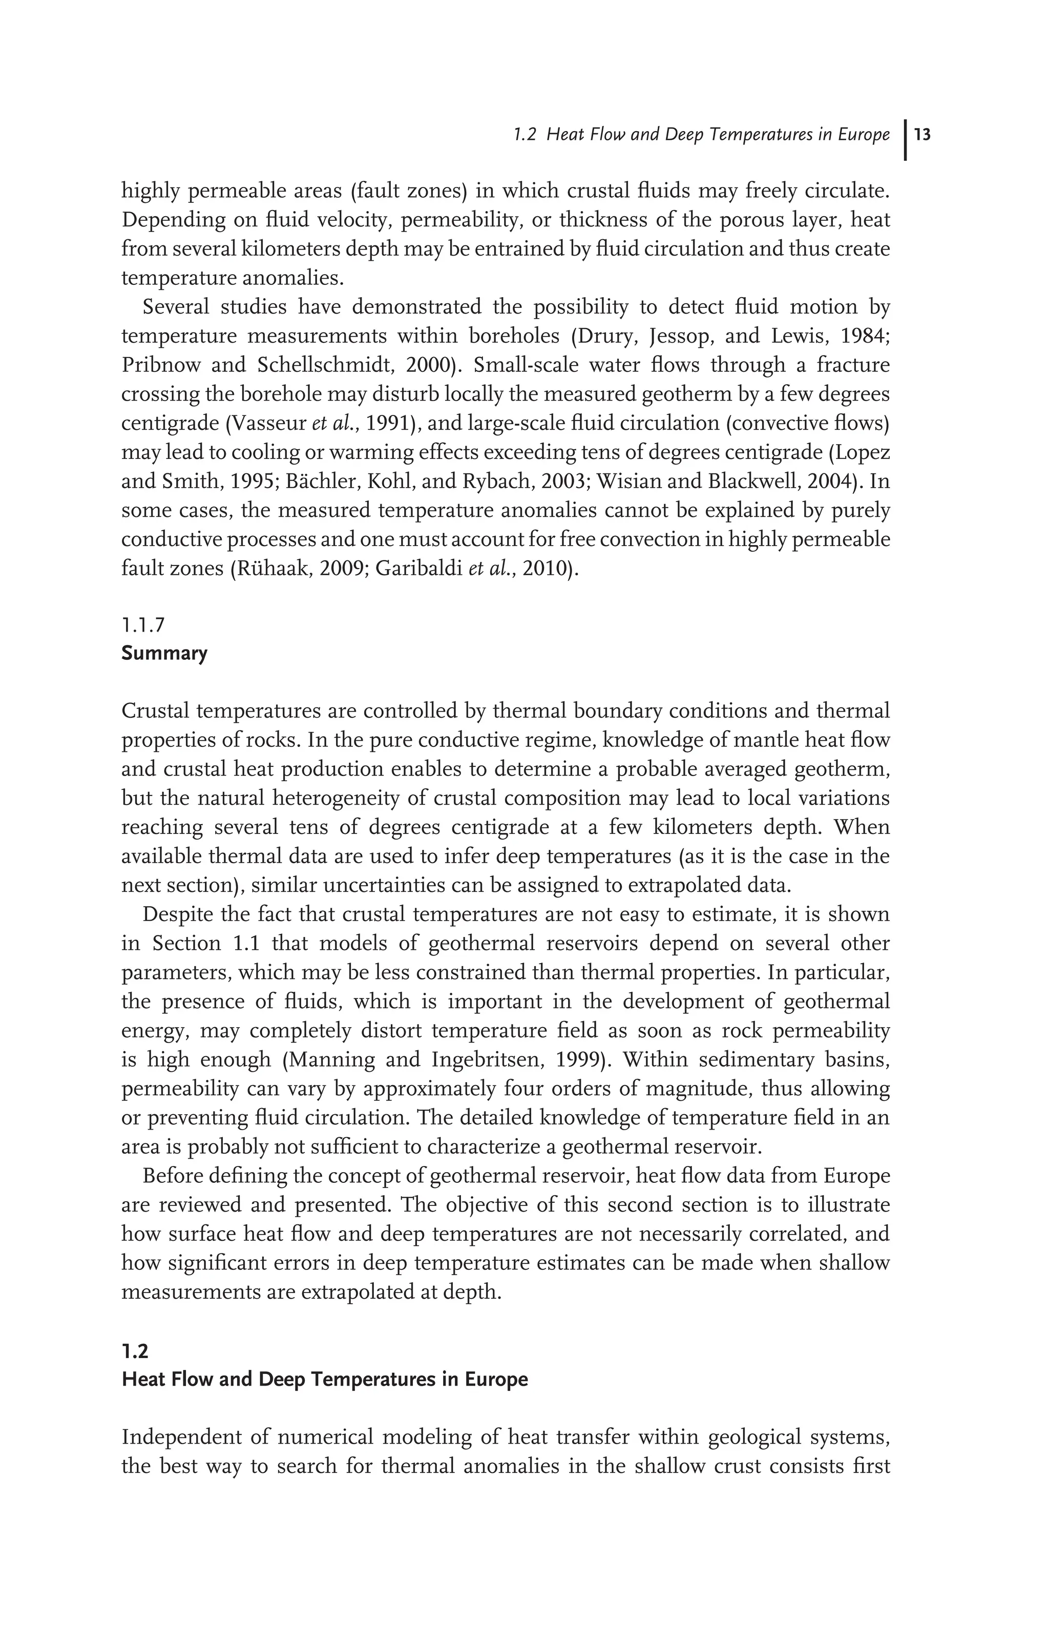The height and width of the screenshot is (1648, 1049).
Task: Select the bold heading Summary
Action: [164, 653]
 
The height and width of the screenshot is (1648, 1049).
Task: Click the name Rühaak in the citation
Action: [261, 569]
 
